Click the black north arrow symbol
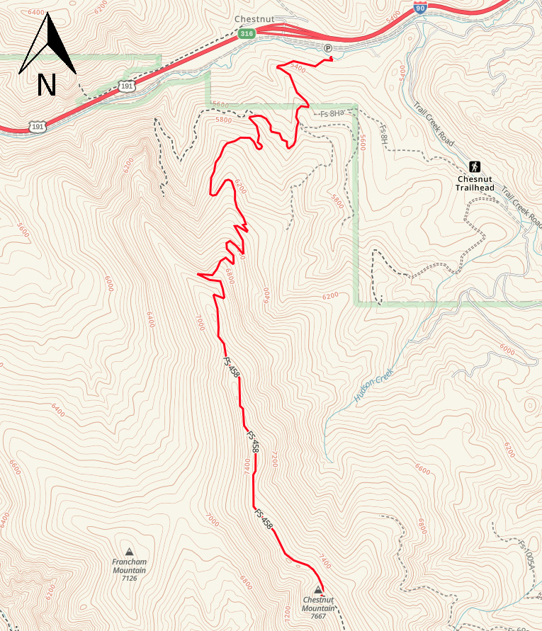[47, 45]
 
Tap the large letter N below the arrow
[47, 84]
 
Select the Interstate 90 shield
[420, 7]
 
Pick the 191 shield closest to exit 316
[126, 86]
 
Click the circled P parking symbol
[327, 48]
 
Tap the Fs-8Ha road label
[331, 113]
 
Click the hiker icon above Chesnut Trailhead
[474, 167]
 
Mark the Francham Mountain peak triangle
[129, 552]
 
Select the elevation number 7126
[129, 579]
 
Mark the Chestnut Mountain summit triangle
[317, 590]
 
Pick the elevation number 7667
[317, 616]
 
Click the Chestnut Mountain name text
[317, 604]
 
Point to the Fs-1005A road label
[526, 555]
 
